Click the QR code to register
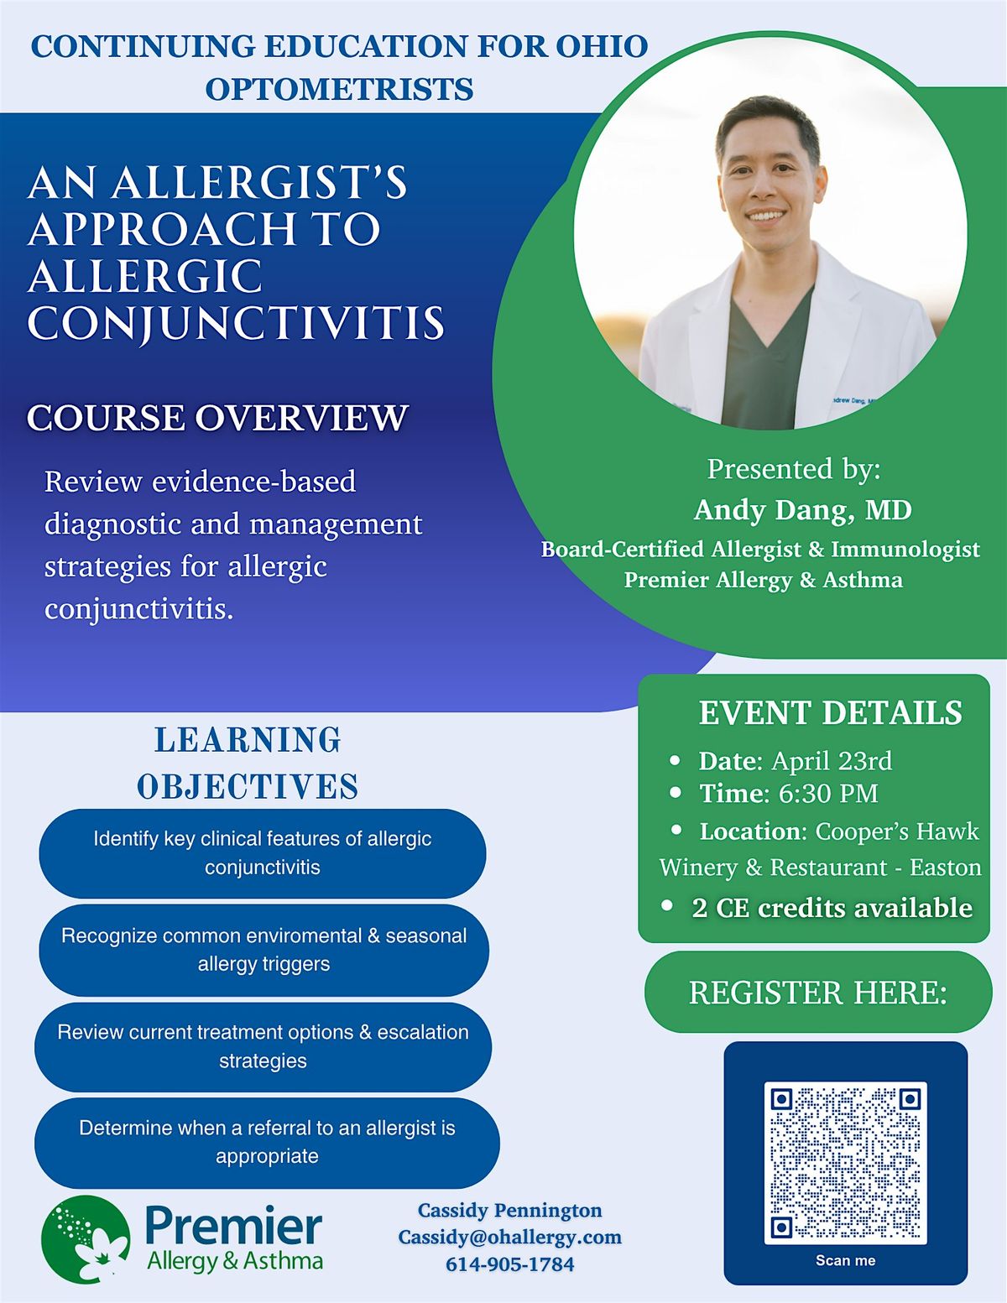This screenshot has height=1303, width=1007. tap(845, 1163)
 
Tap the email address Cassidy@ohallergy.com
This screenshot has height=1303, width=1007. tap(510, 1237)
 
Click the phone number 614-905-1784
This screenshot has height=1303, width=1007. tap(510, 1264)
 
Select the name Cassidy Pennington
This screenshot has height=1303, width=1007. tap(510, 1210)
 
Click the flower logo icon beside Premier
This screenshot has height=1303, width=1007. tap(86, 1239)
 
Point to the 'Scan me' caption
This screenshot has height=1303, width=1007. tap(845, 1260)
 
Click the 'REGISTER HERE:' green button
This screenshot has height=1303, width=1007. tap(818, 993)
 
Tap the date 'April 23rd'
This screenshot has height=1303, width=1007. tap(832, 761)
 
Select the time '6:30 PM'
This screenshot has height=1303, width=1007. tap(828, 794)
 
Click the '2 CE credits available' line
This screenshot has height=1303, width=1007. tap(832, 908)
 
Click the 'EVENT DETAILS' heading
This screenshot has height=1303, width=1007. tap(831, 713)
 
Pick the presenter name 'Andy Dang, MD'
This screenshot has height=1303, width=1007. tap(802, 510)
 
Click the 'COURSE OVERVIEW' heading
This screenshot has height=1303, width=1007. tap(217, 417)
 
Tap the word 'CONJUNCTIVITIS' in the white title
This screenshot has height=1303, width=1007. tap(236, 324)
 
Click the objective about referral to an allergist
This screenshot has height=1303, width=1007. tap(267, 1142)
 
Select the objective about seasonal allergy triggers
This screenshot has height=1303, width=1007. tap(263, 950)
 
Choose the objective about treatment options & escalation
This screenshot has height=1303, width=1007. tap(263, 1046)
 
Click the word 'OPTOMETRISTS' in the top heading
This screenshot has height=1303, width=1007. tap(340, 89)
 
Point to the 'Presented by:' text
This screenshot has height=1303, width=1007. tap(794, 469)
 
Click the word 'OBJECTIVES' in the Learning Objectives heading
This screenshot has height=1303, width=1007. tap(248, 787)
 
